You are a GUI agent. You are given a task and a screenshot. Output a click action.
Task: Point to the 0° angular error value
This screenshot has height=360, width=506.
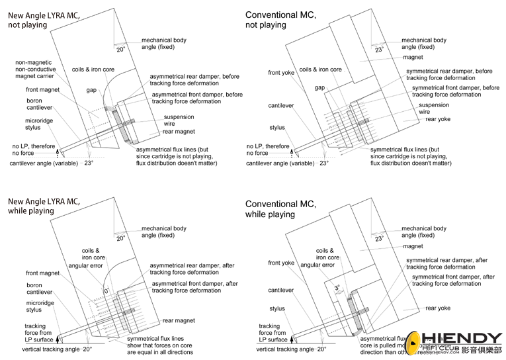105,291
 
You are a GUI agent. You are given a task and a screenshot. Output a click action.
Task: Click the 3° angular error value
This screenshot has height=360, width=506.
337,289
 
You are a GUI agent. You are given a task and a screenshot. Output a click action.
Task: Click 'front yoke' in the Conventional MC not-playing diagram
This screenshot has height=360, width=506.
282,73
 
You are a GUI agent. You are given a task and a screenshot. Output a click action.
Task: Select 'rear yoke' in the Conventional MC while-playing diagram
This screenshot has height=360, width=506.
438,308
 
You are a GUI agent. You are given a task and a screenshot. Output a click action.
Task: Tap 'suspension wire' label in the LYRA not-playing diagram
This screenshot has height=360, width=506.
179,121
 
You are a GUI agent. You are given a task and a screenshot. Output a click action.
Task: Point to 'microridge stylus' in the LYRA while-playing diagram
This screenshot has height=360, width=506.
26,305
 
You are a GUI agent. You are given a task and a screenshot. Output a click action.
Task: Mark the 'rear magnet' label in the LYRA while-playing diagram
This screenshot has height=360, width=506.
180,320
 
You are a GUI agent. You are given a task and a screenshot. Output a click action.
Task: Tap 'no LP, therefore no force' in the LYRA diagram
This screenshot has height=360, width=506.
30,150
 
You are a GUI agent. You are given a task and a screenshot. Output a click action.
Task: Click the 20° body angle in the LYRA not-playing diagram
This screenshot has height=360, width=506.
120,49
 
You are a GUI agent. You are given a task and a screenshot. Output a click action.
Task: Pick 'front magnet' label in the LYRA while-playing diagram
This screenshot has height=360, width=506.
42,273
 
